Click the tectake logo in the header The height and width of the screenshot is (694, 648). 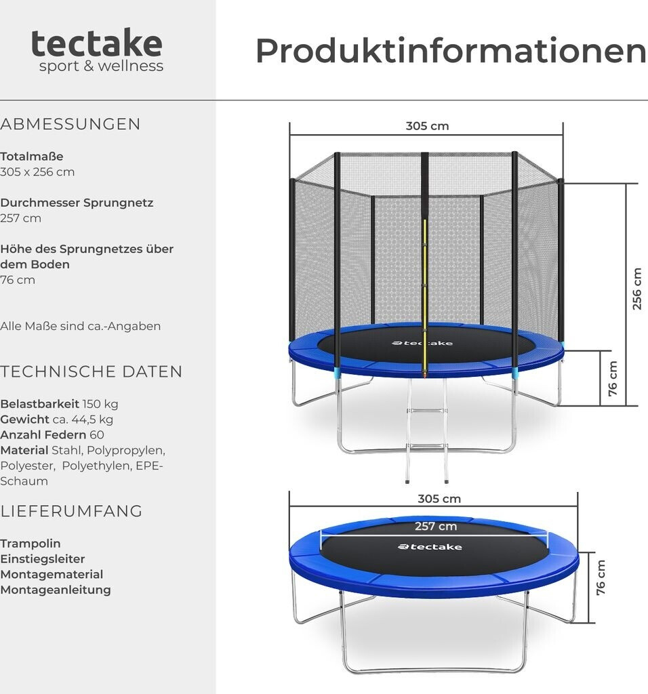point(97,50)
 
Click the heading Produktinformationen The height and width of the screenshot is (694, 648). point(450,51)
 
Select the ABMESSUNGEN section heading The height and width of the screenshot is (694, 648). point(70,124)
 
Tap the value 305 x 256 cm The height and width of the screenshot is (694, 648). point(37,172)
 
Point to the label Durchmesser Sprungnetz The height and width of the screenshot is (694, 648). point(77,203)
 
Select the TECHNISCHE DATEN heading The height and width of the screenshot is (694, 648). point(92,371)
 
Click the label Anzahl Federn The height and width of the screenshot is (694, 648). point(43,435)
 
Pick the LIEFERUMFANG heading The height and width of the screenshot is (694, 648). point(71,511)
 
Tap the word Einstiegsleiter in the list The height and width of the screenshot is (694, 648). point(43,559)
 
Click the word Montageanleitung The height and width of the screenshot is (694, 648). point(56,590)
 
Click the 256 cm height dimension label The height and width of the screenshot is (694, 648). point(636,289)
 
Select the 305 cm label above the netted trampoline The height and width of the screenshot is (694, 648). point(427,126)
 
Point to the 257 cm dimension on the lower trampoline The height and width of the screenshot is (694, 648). point(436,527)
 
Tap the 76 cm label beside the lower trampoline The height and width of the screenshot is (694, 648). point(601,577)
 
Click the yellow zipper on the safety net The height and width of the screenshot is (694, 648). point(425,285)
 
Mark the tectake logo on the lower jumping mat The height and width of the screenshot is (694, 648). point(430,547)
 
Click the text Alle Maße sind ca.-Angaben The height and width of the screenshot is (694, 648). point(81,326)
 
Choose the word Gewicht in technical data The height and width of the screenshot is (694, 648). point(24,420)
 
